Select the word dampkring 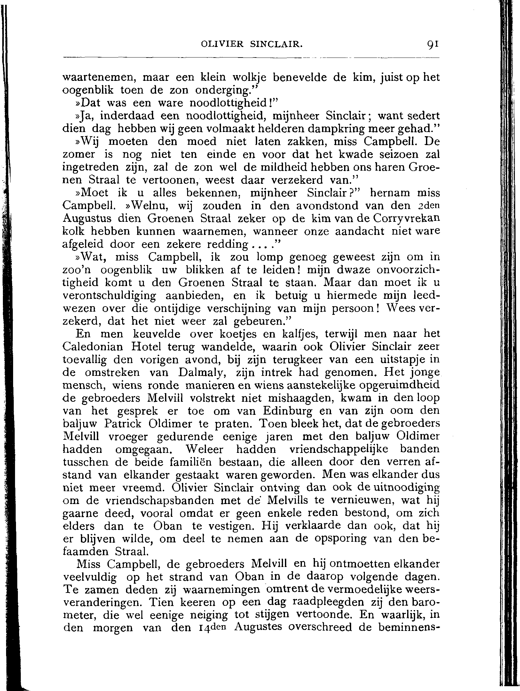335,129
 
